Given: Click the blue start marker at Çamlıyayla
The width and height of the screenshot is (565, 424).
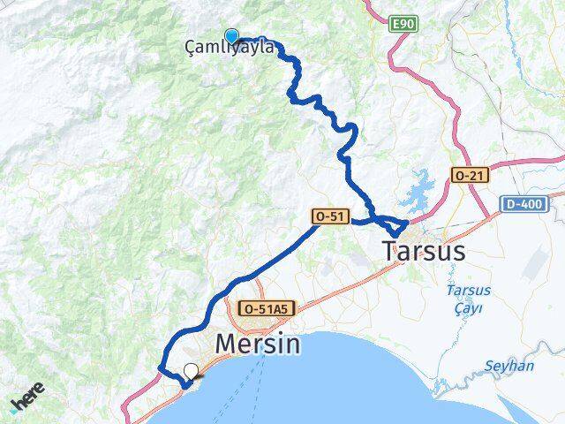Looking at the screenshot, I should tap(231, 36).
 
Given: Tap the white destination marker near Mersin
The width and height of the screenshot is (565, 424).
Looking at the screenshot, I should tap(191, 371).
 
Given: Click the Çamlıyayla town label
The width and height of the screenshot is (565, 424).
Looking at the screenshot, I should tap(230, 49).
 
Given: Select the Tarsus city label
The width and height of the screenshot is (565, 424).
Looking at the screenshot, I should tap(424, 251).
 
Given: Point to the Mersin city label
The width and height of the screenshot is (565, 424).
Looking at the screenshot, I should tap(259, 343).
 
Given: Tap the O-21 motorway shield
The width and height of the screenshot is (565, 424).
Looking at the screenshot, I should tap(469, 176).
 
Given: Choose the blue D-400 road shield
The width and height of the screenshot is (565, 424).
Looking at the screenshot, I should tap(525, 205).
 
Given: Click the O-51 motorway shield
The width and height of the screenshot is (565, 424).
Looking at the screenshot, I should tap(330, 216).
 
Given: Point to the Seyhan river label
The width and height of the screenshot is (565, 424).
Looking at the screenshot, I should tap(509, 366).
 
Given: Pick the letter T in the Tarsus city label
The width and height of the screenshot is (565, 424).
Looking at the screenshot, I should tap(390, 251).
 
